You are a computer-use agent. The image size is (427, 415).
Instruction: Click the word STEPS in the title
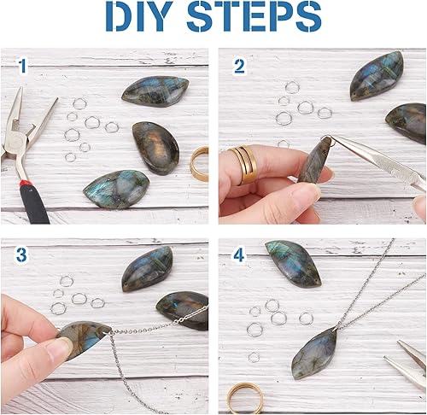point(254,16)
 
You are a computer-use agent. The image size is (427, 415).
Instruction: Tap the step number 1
point(22,66)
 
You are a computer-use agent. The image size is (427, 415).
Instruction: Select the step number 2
point(239,67)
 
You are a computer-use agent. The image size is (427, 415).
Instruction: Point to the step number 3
point(21,254)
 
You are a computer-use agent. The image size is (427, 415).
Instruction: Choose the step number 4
point(239,254)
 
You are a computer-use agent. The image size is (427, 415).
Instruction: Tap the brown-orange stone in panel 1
point(155,148)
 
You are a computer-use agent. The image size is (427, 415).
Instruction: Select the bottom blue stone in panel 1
point(117,189)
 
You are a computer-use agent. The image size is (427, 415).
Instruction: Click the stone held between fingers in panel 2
point(315,161)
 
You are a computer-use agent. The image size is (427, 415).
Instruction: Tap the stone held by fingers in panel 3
point(85,340)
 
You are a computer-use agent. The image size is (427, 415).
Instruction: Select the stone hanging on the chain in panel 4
point(314,354)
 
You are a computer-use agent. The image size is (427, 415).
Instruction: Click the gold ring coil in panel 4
point(245,398)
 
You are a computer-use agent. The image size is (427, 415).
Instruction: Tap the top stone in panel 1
point(155,91)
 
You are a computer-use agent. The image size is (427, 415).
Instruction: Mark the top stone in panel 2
point(377,76)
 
